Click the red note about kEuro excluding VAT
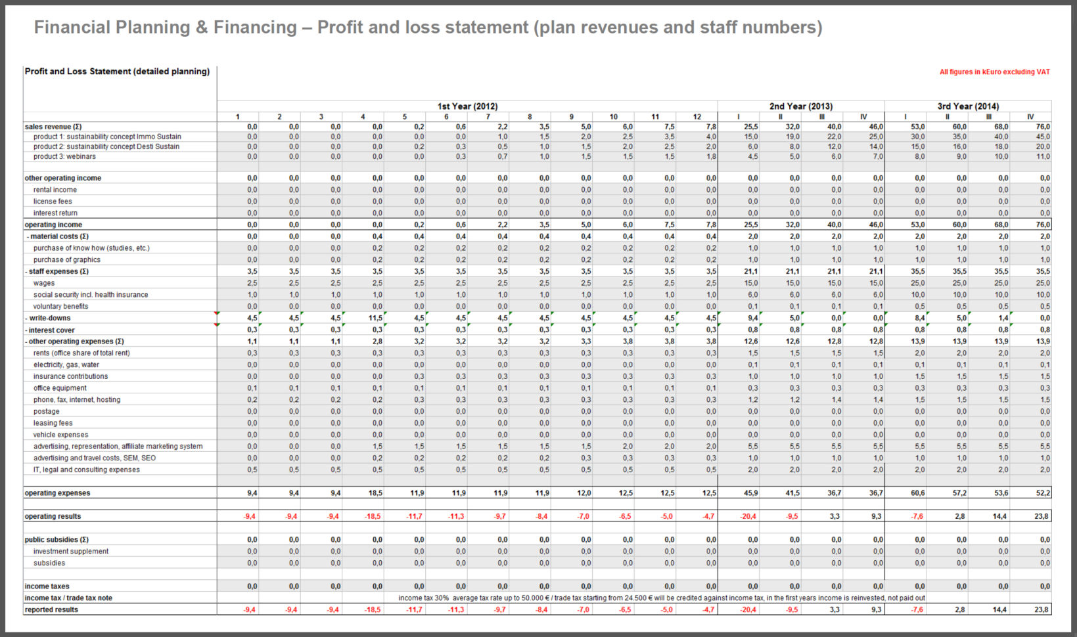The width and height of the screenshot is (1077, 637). point(994,72)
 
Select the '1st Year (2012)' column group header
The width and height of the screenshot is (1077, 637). point(467,106)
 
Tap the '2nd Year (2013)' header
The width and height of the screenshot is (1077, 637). point(800,106)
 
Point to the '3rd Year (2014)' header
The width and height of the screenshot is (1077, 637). point(968,106)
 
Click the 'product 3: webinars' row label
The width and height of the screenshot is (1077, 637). point(64,157)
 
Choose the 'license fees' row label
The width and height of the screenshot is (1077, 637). point(53,202)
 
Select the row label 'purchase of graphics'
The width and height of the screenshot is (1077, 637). point(67,260)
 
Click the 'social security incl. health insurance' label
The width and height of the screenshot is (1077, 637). point(91,295)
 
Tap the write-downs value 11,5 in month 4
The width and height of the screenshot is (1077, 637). point(375,318)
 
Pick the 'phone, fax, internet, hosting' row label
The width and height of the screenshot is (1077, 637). point(77,400)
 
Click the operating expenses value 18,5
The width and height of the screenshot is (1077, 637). point(374,493)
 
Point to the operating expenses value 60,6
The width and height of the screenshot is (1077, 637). point(917,493)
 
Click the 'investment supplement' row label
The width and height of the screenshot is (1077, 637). point(71,552)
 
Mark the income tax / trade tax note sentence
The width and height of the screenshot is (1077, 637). point(661,598)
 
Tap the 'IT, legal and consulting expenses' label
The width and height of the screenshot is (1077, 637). point(86,470)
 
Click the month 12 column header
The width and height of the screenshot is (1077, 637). point(697,117)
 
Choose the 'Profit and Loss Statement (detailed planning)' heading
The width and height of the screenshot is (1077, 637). point(117,72)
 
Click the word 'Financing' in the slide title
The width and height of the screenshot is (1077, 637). point(255,28)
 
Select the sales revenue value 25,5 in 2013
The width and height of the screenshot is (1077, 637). point(750,127)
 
